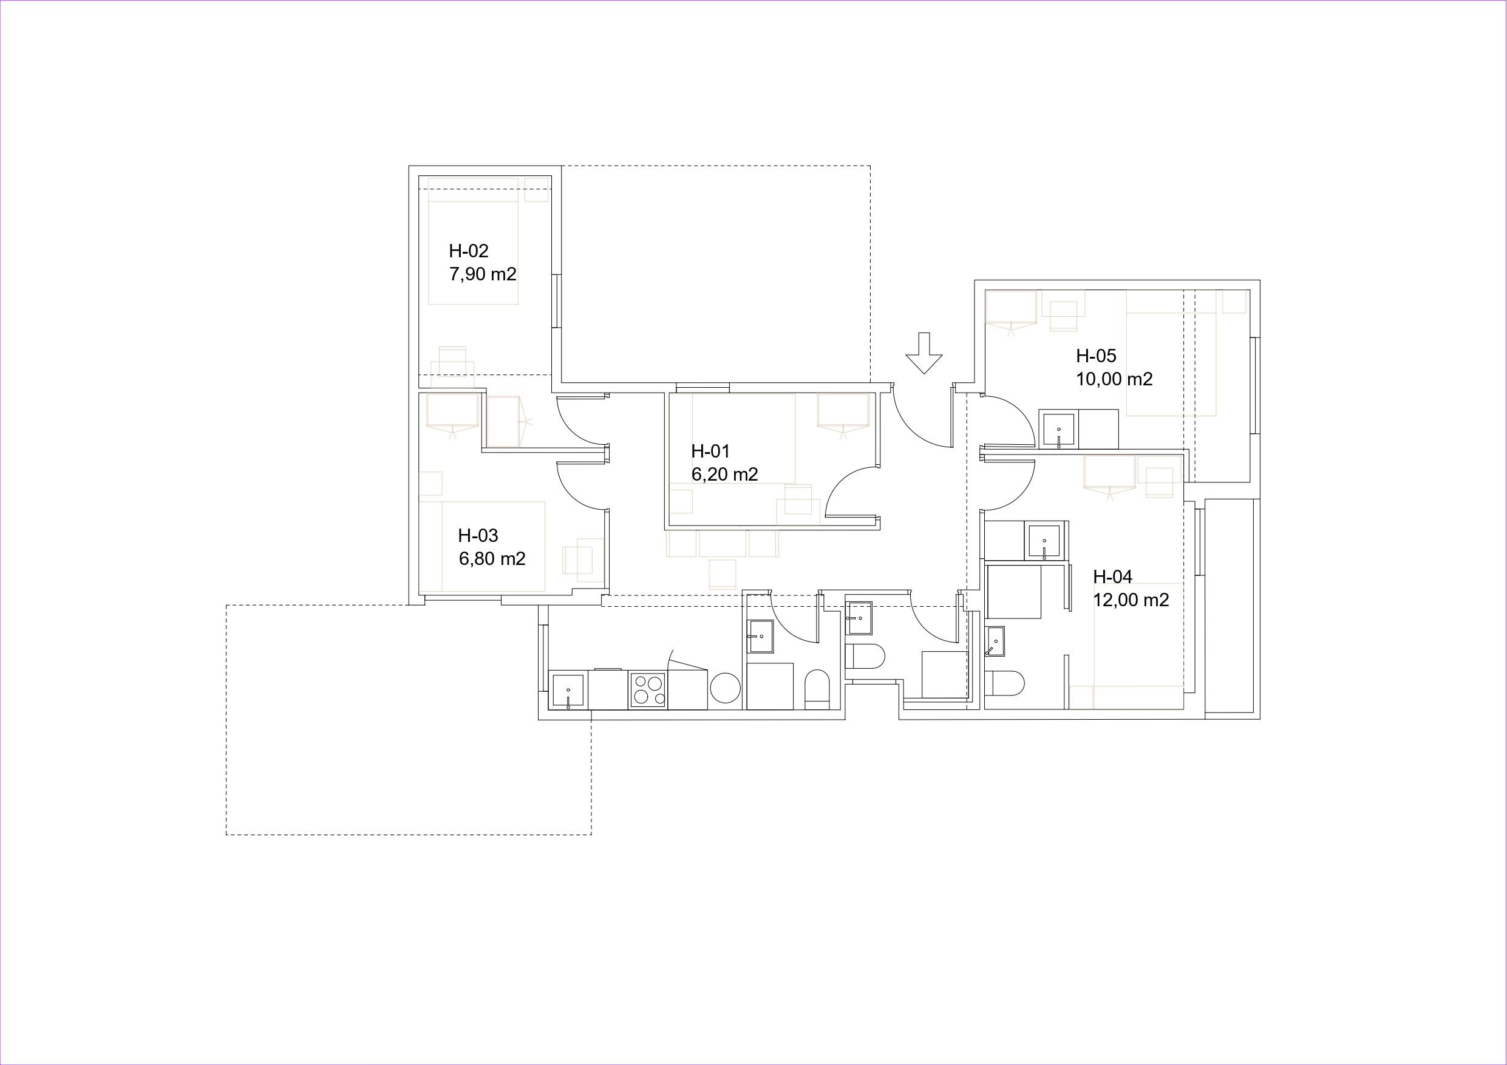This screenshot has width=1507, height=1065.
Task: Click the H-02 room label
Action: coord(469,251)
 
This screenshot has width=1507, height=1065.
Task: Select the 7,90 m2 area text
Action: coord(483,274)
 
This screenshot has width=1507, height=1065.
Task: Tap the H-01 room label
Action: coord(710,451)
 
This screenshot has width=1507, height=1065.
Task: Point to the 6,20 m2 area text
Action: coord(724,474)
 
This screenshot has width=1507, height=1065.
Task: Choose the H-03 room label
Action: coord(478,535)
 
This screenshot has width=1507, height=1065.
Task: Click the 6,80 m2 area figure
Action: coord(492,559)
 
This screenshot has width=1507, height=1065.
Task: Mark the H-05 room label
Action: coord(1096,356)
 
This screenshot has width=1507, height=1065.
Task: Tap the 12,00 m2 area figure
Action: coord(1131,600)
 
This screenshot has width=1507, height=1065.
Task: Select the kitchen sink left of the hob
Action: coord(568,691)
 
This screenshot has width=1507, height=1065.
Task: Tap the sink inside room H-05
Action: coord(1058,429)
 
